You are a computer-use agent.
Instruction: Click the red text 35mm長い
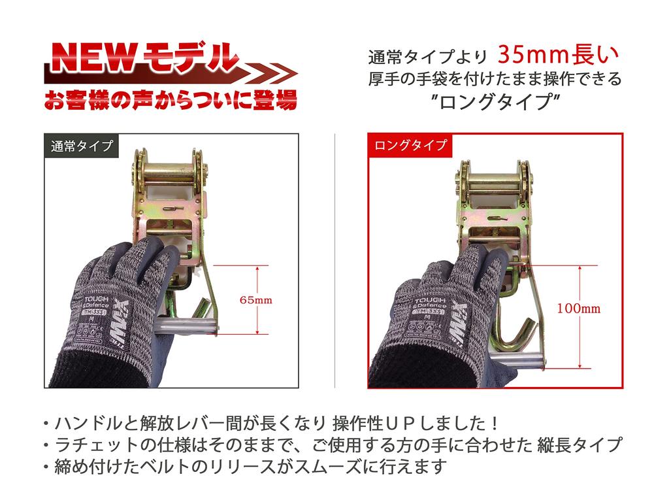[x=559, y=54]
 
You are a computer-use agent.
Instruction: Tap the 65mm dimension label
[x=255, y=300]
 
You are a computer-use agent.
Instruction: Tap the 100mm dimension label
[x=578, y=308]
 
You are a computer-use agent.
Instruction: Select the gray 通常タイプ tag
[x=81, y=146]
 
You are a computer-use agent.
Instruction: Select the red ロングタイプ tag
[x=410, y=145]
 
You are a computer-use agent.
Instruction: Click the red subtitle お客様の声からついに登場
[x=170, y=99]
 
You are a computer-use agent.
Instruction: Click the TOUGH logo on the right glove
[x=429, y=302]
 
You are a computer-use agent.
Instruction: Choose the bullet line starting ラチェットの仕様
[x=330, y=445]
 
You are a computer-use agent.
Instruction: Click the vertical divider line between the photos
[x=334, y=261]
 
